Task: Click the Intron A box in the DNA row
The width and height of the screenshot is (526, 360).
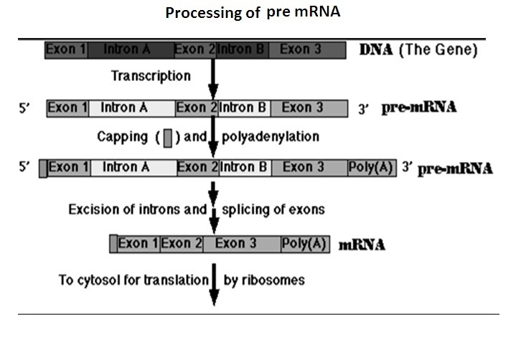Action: coord(130,49)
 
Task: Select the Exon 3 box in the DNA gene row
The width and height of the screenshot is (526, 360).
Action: coord(300,49)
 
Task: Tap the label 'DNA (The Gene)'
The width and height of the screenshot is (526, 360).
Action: coord(418,50)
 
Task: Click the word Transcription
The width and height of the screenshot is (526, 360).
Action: coord(151,75)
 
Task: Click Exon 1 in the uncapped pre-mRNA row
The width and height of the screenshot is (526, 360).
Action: coord(68,108)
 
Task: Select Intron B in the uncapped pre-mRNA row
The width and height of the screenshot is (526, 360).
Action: coord(243,108)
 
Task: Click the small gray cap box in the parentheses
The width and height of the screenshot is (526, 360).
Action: coord(167,136)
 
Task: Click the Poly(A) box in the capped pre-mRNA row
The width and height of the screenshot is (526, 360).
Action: coord(370,167)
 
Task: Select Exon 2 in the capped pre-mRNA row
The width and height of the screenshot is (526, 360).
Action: coord(197,167)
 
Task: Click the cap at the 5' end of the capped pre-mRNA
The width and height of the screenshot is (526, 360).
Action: coord(43,168)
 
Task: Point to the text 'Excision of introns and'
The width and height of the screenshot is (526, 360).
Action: coord(137,210)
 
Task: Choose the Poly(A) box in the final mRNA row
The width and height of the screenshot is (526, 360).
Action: coord(304,244)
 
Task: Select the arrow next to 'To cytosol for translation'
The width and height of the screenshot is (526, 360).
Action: coord(213,284)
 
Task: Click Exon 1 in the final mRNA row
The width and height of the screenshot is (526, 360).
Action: coord(138,244)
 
